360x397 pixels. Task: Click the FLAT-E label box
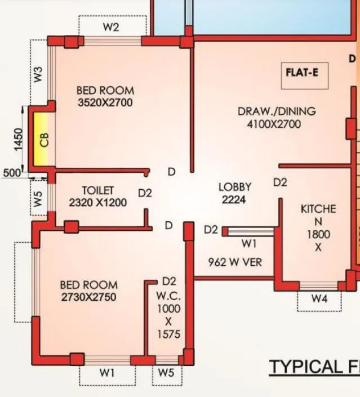[305, 72]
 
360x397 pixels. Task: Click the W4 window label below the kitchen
[319, 299]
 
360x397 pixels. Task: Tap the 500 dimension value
[11, 172]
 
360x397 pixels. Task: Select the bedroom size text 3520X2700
[105, 102]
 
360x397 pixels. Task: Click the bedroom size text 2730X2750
[89, 297]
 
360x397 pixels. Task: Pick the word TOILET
[97, 191]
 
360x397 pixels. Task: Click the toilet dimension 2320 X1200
[97, 203]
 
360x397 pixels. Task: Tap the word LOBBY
[234, 187]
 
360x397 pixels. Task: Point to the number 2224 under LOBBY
[233, 199]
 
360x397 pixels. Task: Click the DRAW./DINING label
[276, 111]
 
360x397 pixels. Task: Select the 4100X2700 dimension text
[274, 124]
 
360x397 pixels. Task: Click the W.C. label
[168, 295]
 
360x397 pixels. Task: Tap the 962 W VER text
[234, 262]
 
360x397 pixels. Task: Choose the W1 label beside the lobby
[248, 244]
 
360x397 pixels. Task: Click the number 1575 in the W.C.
[169, 335]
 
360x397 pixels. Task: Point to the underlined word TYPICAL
[304, 367]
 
